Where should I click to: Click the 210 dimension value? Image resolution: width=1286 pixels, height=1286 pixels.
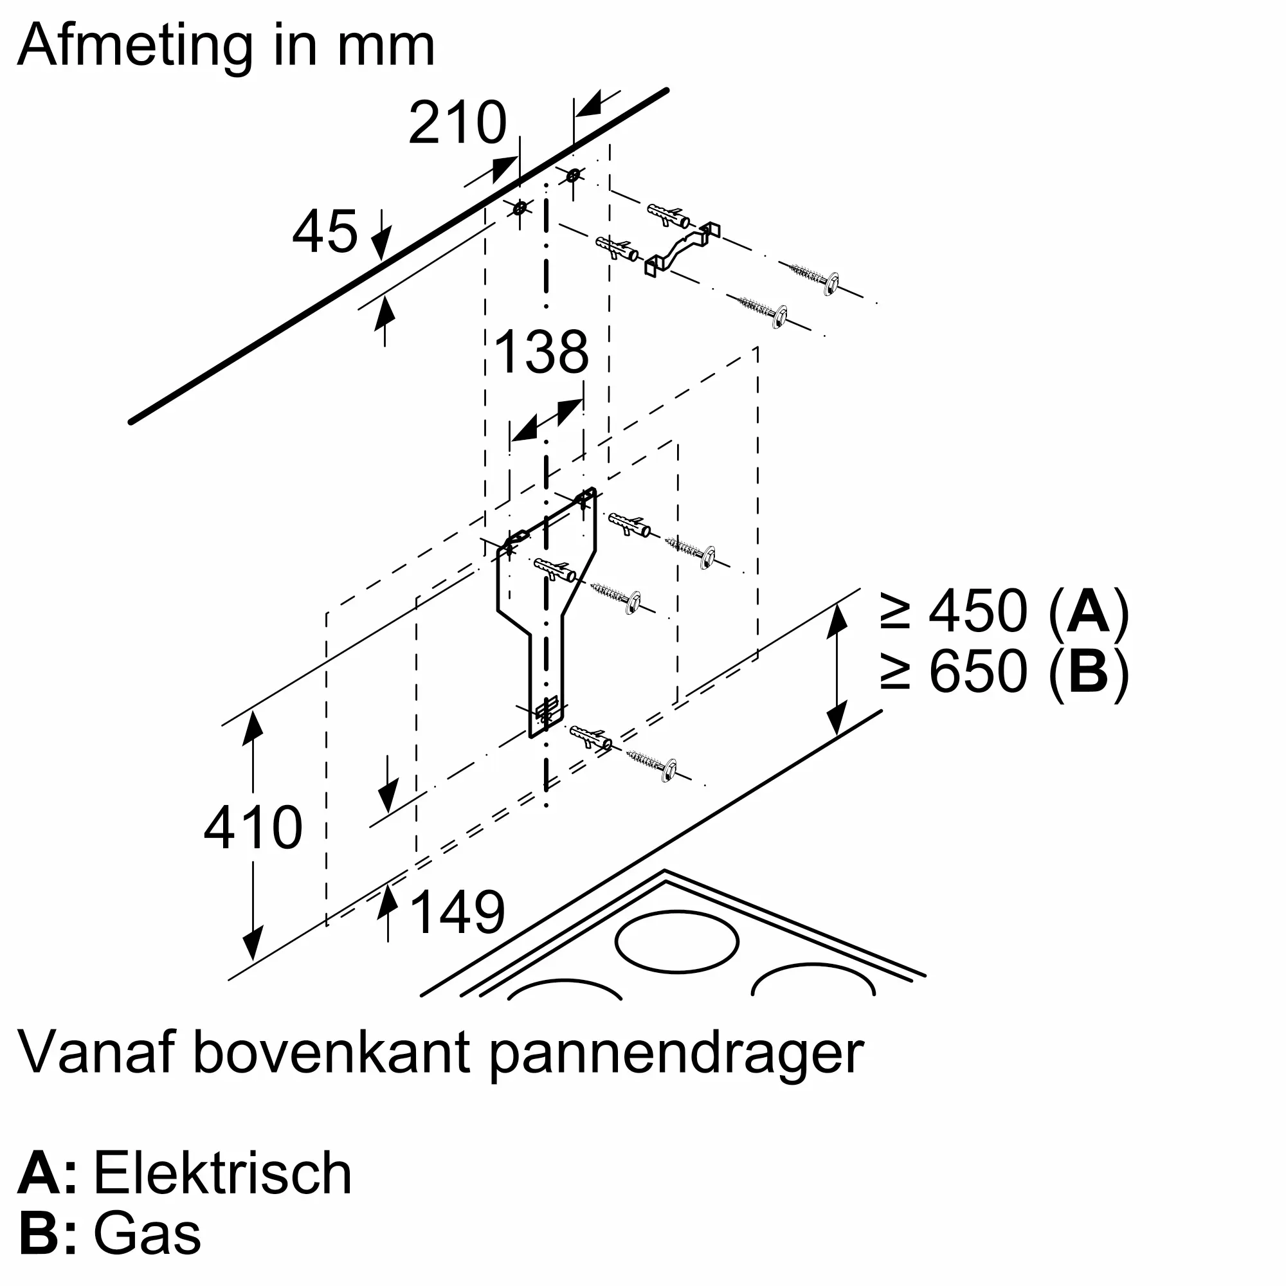457,123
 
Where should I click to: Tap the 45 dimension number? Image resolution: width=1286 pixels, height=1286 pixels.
325,231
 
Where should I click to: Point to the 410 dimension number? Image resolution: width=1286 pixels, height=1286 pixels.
253,828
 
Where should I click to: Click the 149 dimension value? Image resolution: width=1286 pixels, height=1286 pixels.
458,912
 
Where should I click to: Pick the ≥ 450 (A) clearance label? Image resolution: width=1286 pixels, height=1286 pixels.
1004,611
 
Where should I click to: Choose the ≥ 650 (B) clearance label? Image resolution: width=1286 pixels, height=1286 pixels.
1004,671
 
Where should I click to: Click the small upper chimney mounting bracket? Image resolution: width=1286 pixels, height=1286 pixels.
682,248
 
